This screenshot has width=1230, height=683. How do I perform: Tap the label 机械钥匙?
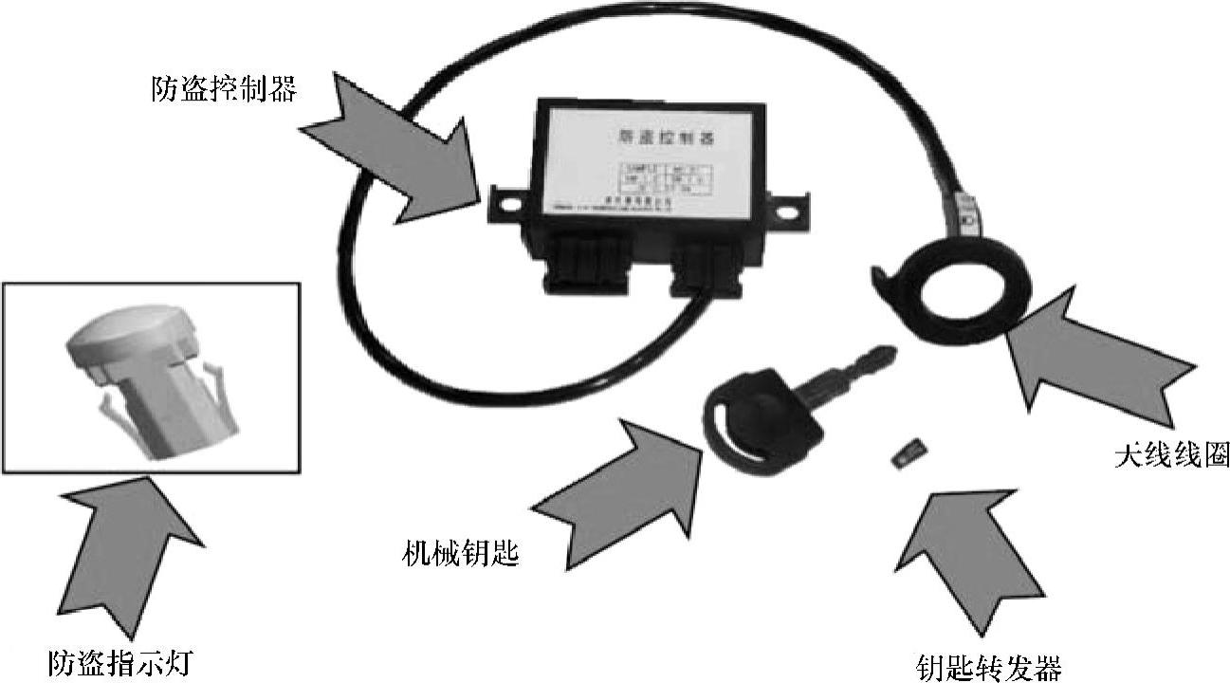coord(461,552)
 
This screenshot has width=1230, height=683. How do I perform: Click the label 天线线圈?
coord(1171,455)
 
